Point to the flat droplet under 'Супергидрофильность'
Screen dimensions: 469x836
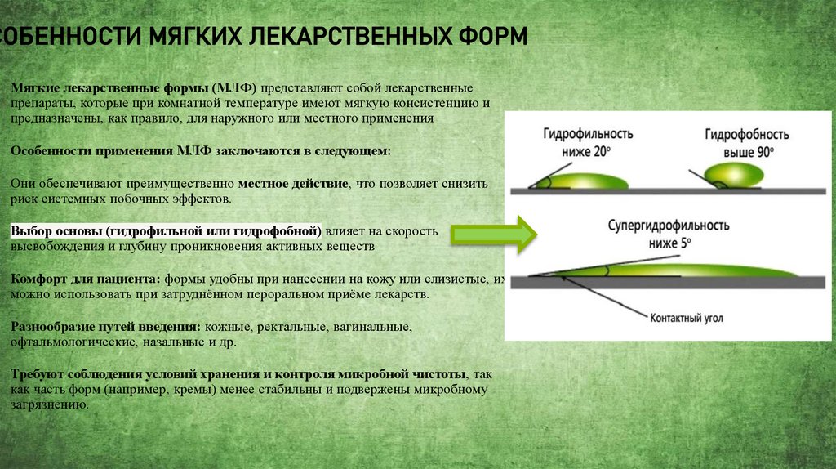[x=694, y=268]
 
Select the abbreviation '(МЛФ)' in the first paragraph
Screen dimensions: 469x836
[x=234, y=88]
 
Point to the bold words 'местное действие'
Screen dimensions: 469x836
[x=293, y=184]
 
